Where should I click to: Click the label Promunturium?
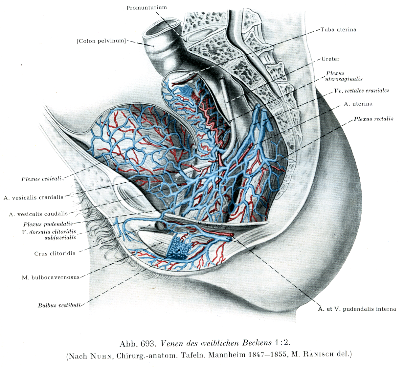click(x=146, y=8)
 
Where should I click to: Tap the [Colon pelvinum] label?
click(x=101, y=41)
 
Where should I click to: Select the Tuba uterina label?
click(x=338, y=30)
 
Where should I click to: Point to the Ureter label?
click(x=330, y=59)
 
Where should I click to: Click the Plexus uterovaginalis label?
click(x=344, y=76)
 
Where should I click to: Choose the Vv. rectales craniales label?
click(x=361, y=91)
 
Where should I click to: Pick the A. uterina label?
click(x=358, y=104)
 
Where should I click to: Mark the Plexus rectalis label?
click(x=373, y=119)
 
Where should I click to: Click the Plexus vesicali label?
click(x=41, y=179)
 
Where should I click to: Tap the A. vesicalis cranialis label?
click(x=34, y=197)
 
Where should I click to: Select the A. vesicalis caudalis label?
click(x=38, y=214)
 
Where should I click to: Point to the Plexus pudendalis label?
click(x=48, y=224)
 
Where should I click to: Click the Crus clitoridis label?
click(x=55, y=253)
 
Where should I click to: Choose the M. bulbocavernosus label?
click(x=51, y=277)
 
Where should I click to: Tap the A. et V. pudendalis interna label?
click(x=357, y=309)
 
